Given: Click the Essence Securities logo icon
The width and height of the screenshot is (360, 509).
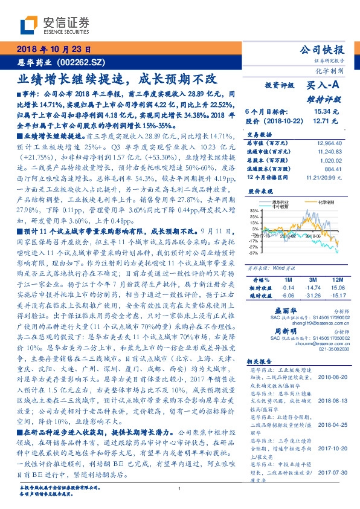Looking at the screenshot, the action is pyautogui.click(x=31, y=24).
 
